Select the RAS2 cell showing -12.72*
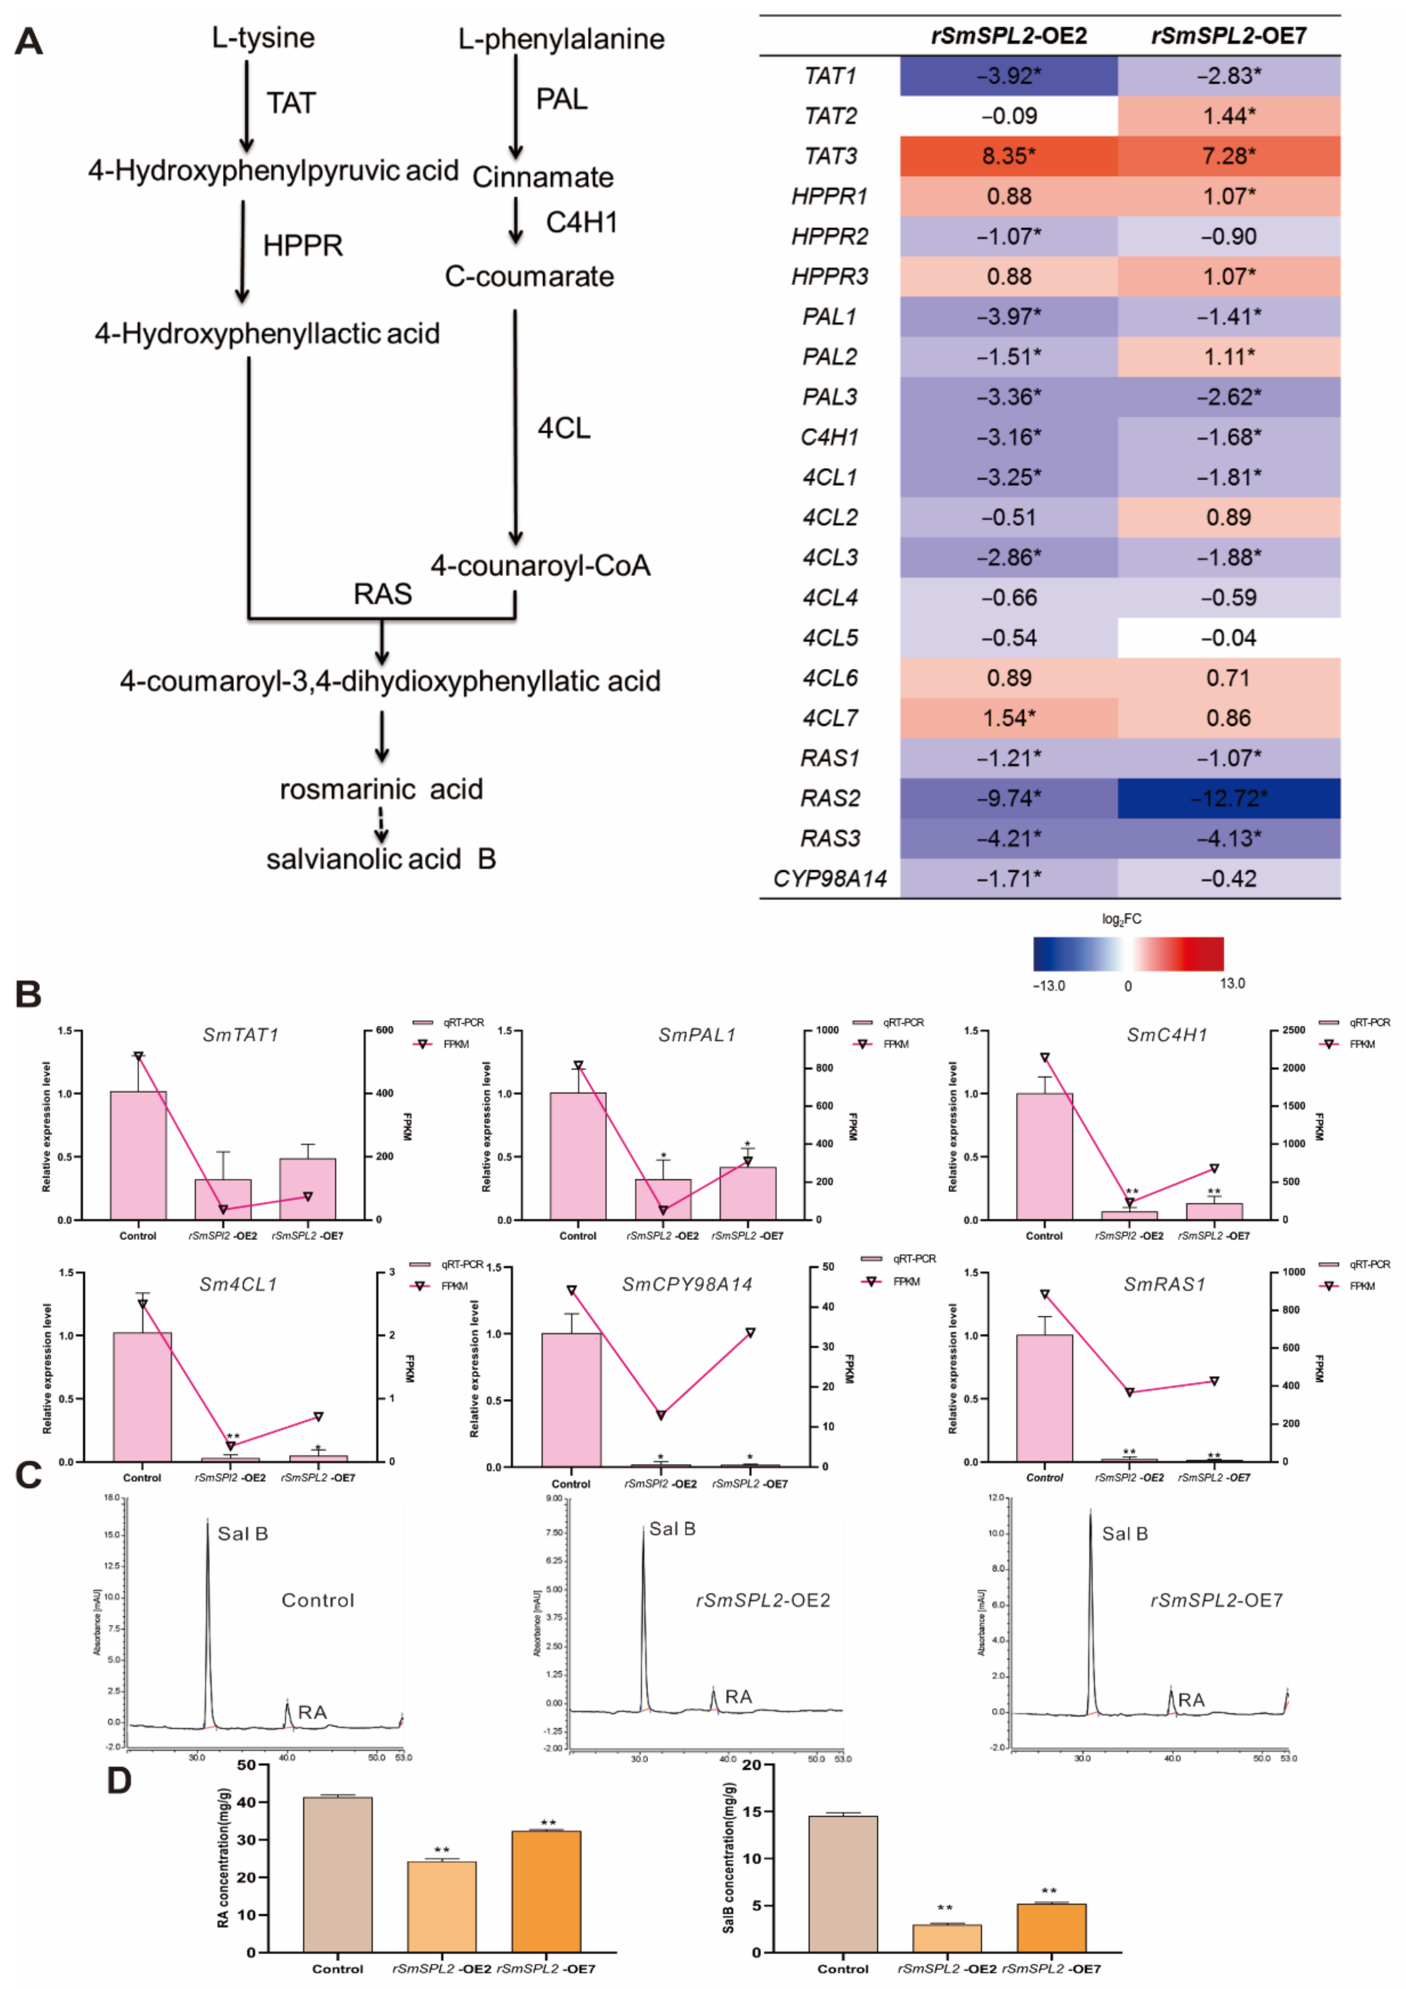point(1228,798)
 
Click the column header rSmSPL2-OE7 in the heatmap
point(1228,36)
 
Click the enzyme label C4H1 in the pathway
point(581,222)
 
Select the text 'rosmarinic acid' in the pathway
point(381,789)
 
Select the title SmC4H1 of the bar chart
point(1166,1034)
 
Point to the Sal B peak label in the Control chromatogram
point(242,1533)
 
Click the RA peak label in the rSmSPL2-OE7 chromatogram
point(1191,1699)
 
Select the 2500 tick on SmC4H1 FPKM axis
point(1293,1030)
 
